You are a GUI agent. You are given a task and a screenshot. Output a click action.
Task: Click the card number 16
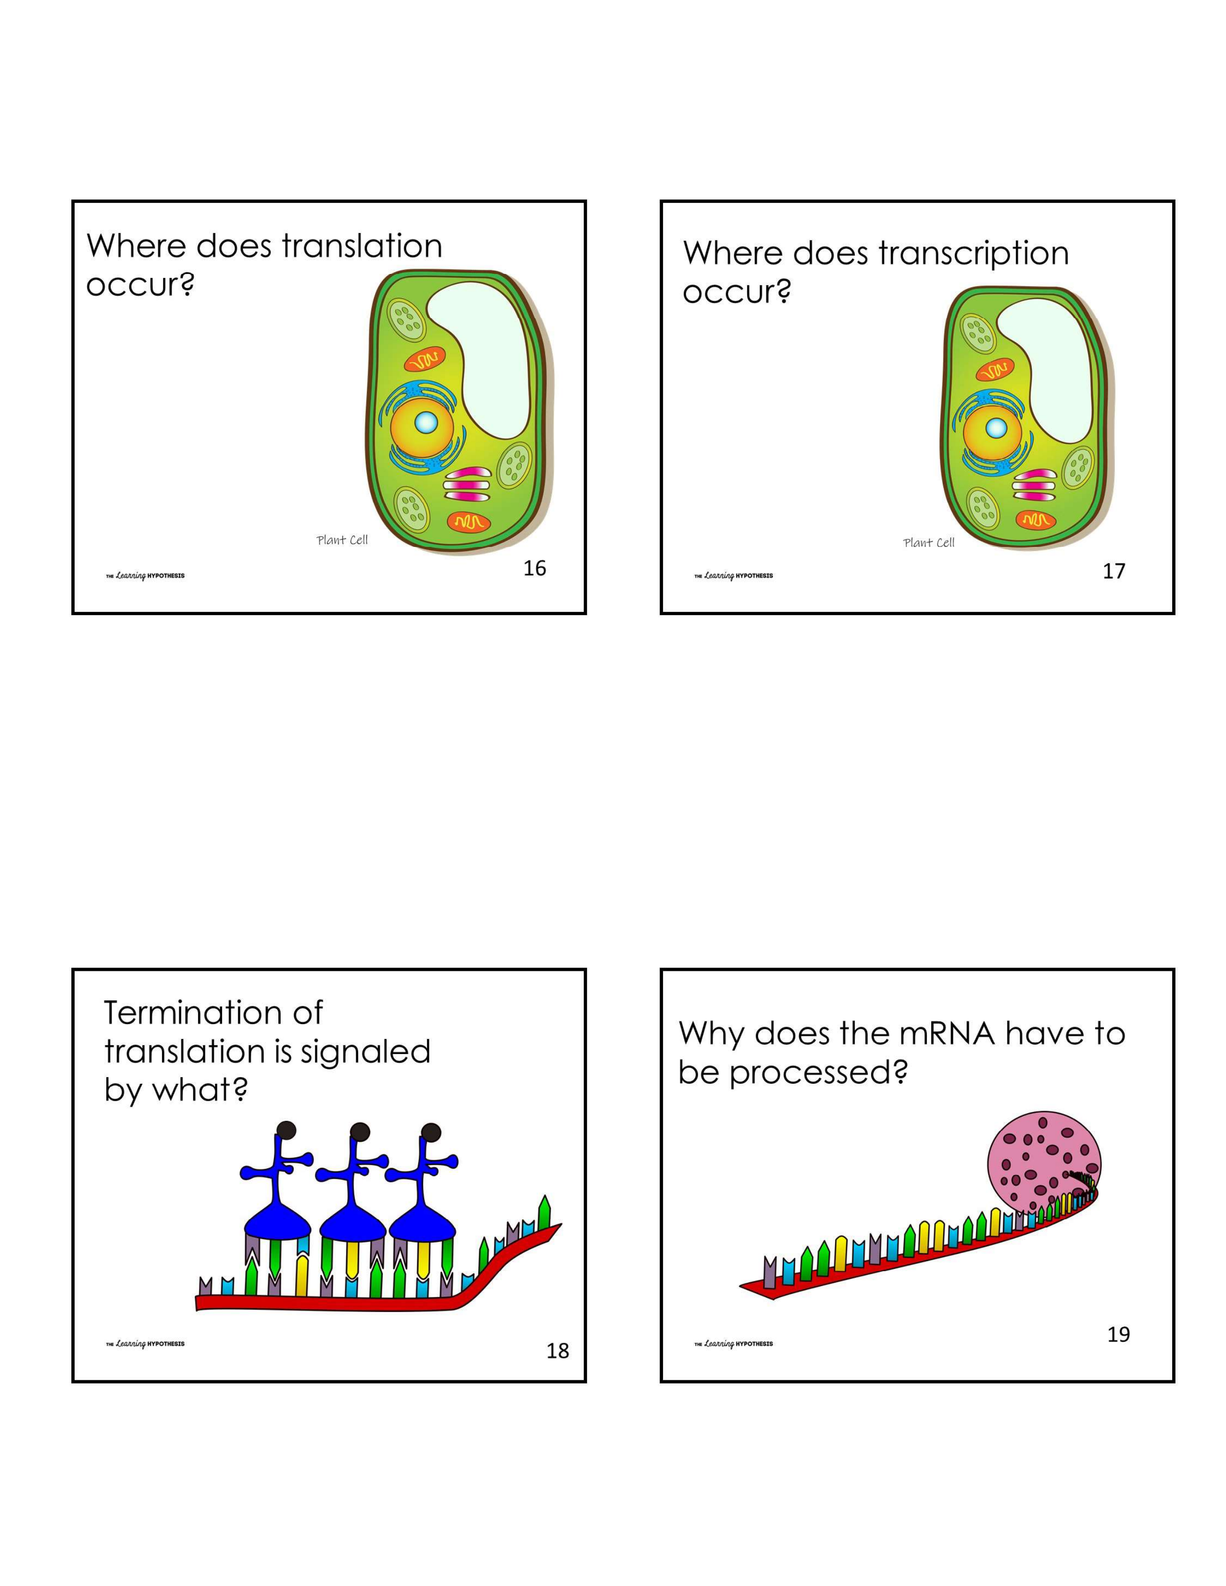pos(535,569)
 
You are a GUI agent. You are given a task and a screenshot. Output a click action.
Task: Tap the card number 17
pos(1113,571)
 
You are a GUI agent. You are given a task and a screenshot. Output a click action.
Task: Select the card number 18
pos(557,1351)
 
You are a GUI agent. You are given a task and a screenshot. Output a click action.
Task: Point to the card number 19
pos(1118,1334)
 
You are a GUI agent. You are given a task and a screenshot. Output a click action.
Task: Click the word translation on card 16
pos(362,246)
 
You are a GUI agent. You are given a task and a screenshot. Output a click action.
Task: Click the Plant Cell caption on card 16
pos(342,540)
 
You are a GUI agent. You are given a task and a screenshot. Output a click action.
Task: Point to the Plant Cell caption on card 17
pos(928,543)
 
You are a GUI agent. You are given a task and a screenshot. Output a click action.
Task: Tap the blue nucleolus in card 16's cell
pos(425,422)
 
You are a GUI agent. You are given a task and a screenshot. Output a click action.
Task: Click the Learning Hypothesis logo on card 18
pos(145,1343)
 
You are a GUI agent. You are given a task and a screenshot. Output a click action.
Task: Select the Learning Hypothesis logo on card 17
pos(734,576)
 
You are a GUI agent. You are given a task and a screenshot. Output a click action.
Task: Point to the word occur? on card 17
pos(736,292)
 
